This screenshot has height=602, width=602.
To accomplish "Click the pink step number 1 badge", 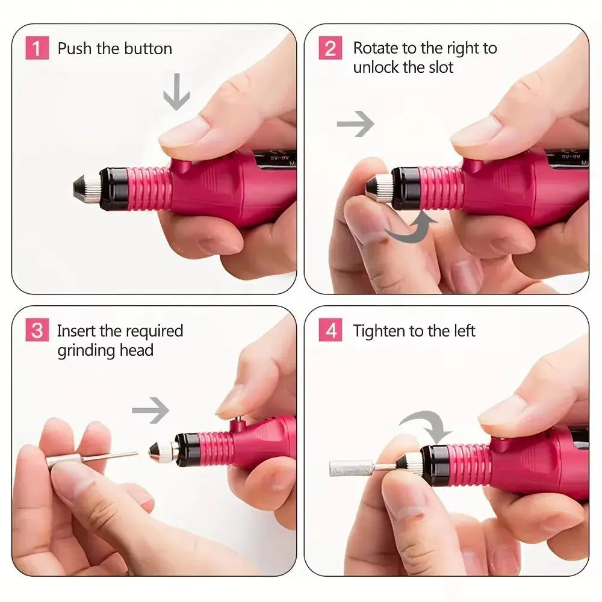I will tap(37, 48).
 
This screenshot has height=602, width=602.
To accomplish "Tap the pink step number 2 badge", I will tap(330, 48).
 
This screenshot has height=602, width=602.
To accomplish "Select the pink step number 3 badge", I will tap(37, 331).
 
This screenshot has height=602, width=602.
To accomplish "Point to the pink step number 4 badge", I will tap(330, 331).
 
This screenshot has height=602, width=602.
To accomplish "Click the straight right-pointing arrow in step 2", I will tap(355, 125).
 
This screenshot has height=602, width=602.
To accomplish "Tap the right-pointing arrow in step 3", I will tap(150, 412).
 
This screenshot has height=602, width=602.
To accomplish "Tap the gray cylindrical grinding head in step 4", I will tap(350, 468).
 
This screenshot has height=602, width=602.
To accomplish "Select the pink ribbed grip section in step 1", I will tap(149, 188).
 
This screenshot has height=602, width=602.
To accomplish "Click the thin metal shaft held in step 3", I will tap(114, 456).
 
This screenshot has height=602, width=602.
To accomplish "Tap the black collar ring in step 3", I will tap(188, 450).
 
